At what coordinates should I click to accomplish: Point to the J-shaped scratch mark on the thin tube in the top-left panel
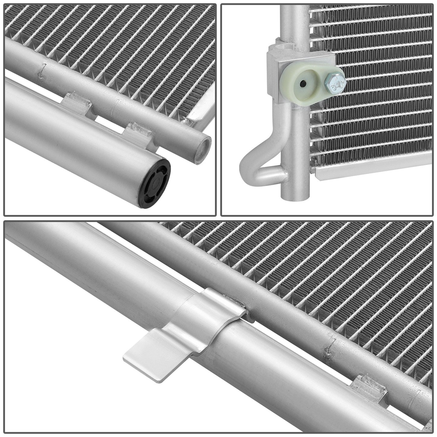coord(42,70)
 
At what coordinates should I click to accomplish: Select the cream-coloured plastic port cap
coord(299,86)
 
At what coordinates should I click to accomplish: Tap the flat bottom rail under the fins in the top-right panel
coord(372,165)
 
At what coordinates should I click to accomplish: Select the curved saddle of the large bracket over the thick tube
coord(194,318)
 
